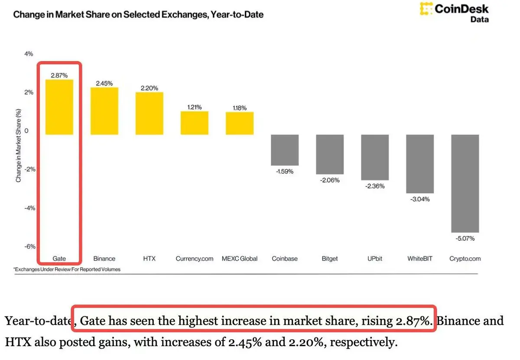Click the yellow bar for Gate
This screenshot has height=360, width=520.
tap(59, 107)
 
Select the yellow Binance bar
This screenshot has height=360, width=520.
tap(104, 111)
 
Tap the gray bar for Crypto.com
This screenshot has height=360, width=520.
tap(465, 183)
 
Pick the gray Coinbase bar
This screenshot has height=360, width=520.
tap(285, 150)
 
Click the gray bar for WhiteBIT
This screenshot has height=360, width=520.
tap(420, 164)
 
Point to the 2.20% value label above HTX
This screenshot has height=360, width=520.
tap(149, 88)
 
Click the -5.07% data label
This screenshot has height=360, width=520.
tap(465, 239)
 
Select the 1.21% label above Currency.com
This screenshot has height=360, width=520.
tap(195, 107)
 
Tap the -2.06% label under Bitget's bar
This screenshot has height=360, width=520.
tap(330, 180)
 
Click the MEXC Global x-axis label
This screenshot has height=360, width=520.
tap(240, 259)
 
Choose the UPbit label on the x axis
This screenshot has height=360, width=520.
tap(375, 259)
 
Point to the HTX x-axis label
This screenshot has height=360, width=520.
tap(149, 259)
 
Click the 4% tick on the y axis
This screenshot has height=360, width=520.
tap(29, 54)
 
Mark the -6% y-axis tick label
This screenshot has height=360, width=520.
tap(29, 246)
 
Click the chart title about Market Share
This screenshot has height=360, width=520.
tap(138, 14)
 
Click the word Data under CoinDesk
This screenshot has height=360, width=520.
tap(480, 20)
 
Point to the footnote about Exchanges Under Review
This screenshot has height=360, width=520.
tap(67, 269)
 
